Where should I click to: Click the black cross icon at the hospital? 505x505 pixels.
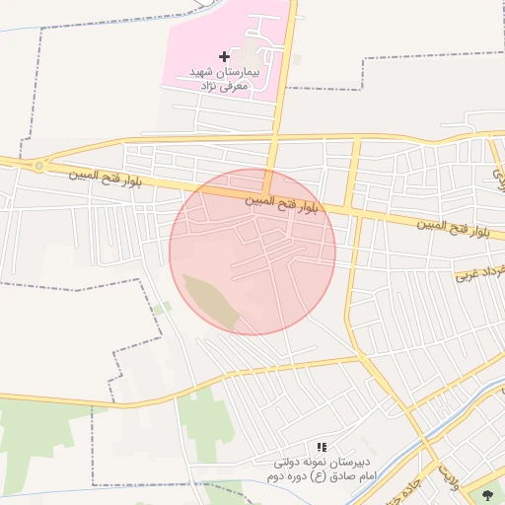[x=224, y=56]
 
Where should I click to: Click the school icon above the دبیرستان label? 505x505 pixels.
[x=321, y=447]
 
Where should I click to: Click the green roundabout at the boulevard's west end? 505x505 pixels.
[x=38, y=166]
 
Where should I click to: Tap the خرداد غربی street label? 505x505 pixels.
[x=480, y=270]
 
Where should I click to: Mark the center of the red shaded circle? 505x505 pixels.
[x=252, y=252]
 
